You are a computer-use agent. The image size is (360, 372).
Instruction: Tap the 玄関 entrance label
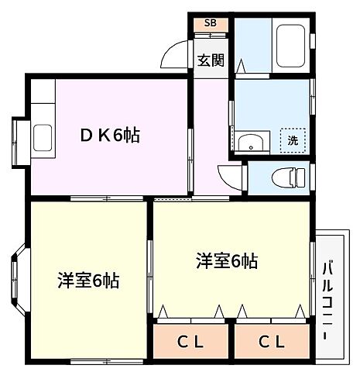[210, 60]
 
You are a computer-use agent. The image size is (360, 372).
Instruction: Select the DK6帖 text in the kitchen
[111, 136]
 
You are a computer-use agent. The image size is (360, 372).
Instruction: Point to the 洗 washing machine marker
[293, 140]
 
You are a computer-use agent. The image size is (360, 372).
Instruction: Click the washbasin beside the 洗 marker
[250, 143]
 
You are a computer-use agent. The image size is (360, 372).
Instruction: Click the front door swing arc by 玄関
[175, 56]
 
